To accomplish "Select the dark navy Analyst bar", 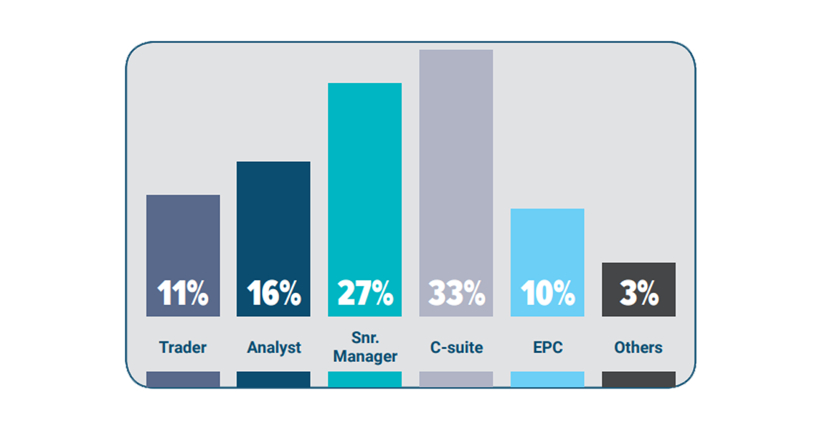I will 273,222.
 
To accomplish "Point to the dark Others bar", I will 638,276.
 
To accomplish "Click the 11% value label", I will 183,293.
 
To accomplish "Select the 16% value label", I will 273,293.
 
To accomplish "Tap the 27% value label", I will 364,293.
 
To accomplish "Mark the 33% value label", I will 455,293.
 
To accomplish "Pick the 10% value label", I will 547,293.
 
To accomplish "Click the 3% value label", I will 638,293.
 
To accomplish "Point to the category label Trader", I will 183,348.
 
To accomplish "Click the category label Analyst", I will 274,348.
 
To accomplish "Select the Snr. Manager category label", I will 365,347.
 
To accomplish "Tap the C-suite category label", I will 456,348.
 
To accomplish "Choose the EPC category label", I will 547,348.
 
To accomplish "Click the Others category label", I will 638,348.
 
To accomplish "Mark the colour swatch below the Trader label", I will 183,379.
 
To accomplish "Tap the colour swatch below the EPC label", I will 547,379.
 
